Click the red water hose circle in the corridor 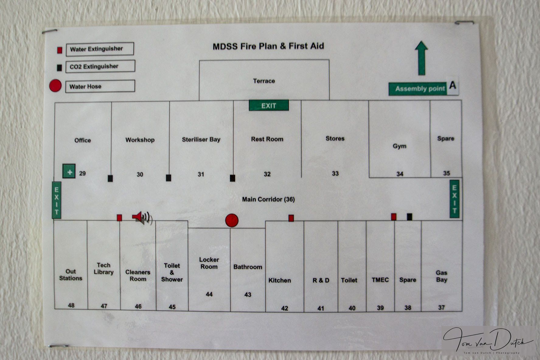(x=232, y=220)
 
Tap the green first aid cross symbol (x=69, y=171)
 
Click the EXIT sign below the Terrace (x=269, y=106)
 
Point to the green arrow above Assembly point (x=421, y=58)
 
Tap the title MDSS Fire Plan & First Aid (x=268, y=46)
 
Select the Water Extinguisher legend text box (x=99, y=49)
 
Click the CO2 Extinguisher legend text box (x=100, y=66)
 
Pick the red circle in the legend (x=55, y=86)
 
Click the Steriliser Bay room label (x=201, y=140)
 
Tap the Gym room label (x=399, y=146)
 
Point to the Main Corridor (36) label (x=268, y=199)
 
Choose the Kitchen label (x=279, y=280)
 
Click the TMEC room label (x=380, y=280)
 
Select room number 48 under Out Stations (x=71, y=305)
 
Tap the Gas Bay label (x=441, y=276)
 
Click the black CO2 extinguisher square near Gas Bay (x=409, y=217)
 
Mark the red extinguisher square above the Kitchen (x=291, y=218)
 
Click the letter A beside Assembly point (x=453, y=85)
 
